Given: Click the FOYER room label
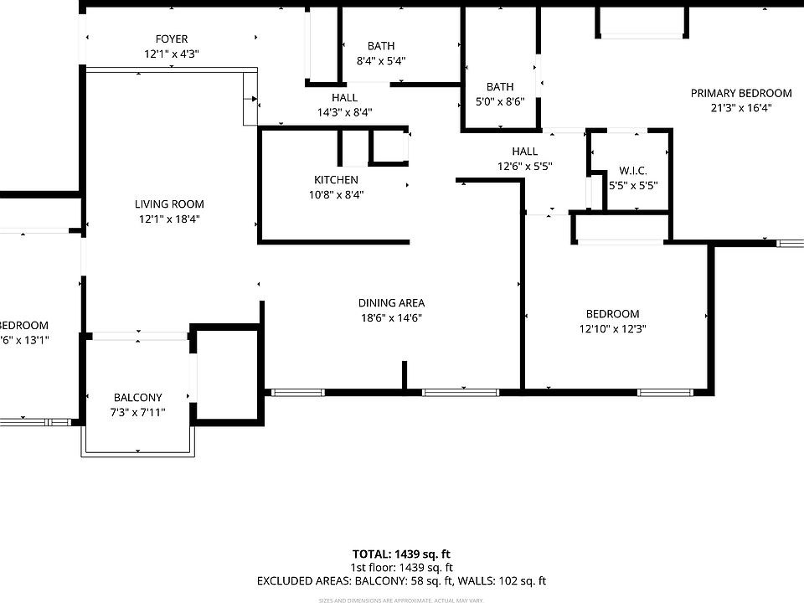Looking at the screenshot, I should coord(171,39).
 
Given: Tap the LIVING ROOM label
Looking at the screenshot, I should coord(169,204).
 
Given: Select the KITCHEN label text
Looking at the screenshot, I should coord(336,180).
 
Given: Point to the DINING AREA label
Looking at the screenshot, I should coord(391,303).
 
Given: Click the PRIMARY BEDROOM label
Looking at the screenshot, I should coord(740,93).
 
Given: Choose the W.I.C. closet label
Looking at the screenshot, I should coord(632,171).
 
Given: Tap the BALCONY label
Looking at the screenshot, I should coord(138,398).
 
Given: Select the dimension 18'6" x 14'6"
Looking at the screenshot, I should coord(391,317).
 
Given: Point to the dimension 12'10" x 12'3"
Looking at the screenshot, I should coord(612,328).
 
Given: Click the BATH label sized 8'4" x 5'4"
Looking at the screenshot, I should coord(381,46).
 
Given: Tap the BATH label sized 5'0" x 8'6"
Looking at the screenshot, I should coord(500,87).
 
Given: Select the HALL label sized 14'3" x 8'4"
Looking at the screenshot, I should coord(344,98).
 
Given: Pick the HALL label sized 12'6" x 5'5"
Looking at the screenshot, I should coord(525,152).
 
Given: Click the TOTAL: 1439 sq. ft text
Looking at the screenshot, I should coord(401,554).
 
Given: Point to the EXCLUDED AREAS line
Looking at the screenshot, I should coord(401,580).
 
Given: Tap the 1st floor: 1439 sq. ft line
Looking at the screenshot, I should coord(401,567).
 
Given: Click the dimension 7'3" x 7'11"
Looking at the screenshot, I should coord(138,412).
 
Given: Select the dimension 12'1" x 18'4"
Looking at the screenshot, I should coord(169,219).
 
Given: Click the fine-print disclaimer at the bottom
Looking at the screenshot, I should coord(401,600).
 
